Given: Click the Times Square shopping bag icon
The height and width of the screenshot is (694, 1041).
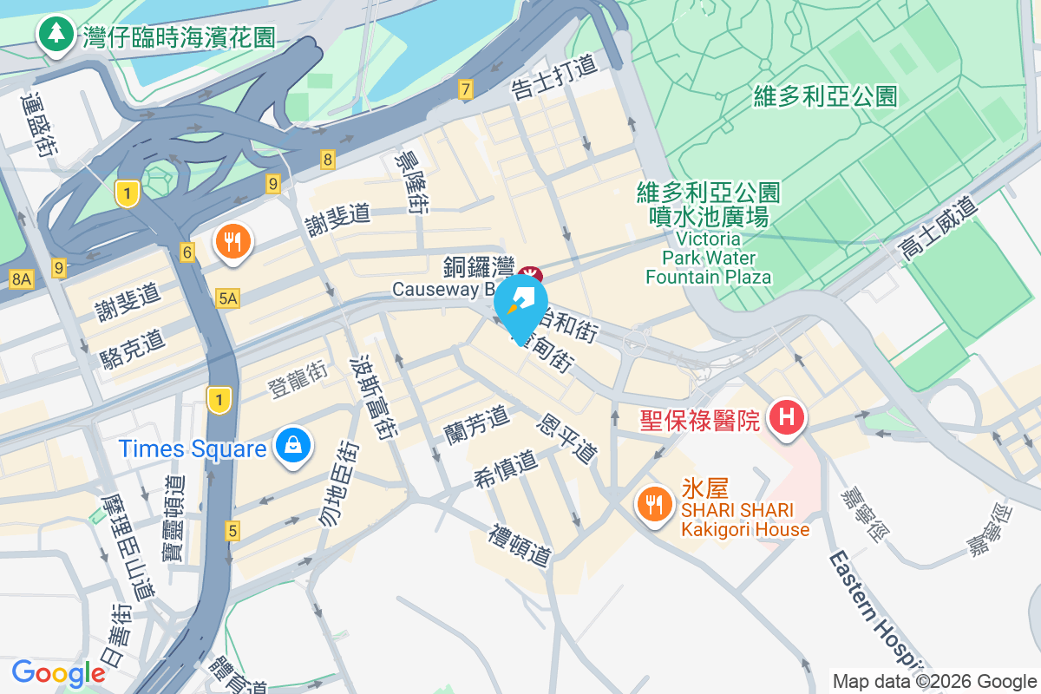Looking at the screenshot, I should [x=293, y=446].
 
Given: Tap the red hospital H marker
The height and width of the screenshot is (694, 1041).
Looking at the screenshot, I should [x=787, y=417].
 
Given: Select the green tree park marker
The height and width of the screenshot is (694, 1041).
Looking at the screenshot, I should [x=56, y=35].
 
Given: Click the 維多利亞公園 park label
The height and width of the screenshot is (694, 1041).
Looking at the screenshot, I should [x=825, y=95].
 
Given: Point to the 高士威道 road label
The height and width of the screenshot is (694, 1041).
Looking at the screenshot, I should [x=938, y=228].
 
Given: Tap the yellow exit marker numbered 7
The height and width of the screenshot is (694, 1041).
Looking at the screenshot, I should [x=466, y=88].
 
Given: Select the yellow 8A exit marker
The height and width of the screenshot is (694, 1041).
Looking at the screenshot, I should [x=21, y=279].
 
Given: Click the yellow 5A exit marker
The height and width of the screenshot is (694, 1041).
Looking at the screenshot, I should [x=227, y=298].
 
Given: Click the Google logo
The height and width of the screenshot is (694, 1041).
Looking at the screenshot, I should [x=58, y=673].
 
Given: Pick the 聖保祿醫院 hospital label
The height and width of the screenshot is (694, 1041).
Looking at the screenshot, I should [x=700, y=421].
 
